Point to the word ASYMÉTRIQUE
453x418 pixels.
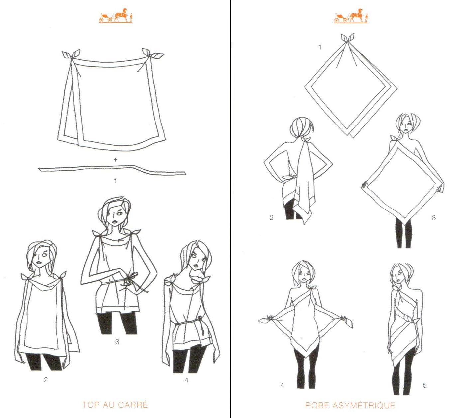tap(364, 405)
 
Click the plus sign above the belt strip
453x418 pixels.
tap(115, 160)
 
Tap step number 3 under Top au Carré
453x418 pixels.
tap(117, 341)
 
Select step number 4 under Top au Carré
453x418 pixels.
tap(186, 380)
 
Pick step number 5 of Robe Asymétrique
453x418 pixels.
tap(424, 385)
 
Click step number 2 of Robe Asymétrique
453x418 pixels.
tap(271, 218)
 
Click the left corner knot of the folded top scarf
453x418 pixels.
tap(71, 55)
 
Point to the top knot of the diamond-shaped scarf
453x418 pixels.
tap(348, 38)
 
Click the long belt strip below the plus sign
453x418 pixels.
tap(112, 170)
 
